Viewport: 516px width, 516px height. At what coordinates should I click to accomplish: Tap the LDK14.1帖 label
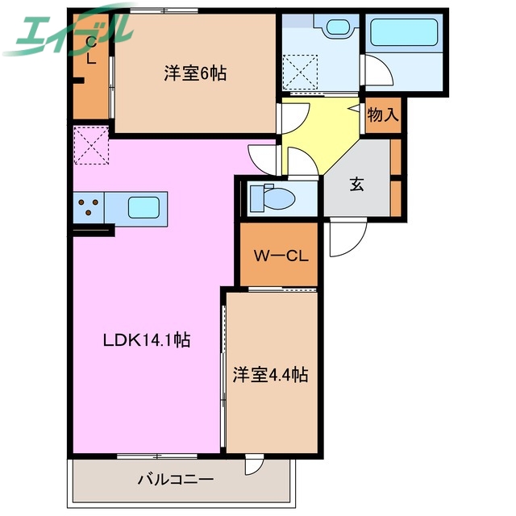pyautogui.click(x=146, y=340)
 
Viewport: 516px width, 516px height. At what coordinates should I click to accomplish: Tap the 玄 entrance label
pyautogui.click(x=356, y=184)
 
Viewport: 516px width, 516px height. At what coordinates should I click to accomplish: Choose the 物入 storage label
pyautogui.click(x=383, y=114)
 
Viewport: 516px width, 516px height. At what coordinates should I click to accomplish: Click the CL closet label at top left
pyautogui.click(x=90, y=48)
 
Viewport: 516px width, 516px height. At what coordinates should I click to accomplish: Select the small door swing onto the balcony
pyautogui.click(x=254, y=466)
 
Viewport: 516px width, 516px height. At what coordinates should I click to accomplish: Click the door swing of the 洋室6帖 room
pyautogui.click(x=289, y=119)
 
